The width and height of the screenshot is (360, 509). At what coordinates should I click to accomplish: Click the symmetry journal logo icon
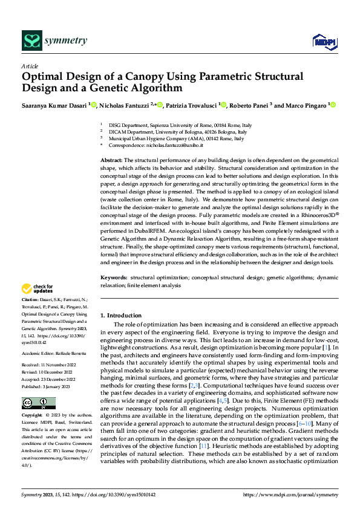tap(31, 41)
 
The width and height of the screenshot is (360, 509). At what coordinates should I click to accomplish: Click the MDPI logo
tap(324, 41)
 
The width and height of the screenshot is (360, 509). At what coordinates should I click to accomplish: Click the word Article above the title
tap(30, 66)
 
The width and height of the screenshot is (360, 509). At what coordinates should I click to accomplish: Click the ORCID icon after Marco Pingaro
tap(333, 105)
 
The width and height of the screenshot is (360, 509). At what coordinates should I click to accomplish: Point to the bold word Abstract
tap(112, 159)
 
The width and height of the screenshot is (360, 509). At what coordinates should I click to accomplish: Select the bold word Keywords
tap(114, 277)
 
